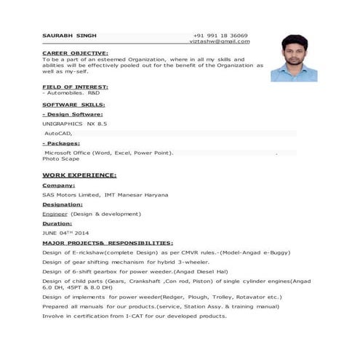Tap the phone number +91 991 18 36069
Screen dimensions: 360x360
tap(220, 35)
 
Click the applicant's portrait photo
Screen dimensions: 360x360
tap(293, 57)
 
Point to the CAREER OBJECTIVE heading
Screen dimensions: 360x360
tap(75, 53)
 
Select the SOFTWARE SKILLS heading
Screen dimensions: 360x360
tap(73, 105)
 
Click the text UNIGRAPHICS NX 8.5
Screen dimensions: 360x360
tap(74, 124)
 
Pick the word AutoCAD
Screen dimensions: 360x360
tap(58, 135)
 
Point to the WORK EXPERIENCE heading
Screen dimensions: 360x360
tap(79, 175)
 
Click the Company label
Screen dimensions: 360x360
tap(59, 185)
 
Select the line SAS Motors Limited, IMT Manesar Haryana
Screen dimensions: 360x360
tap(105, 195)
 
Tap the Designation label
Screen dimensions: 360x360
tap(63, 205)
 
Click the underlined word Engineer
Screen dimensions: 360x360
tap(55, 215)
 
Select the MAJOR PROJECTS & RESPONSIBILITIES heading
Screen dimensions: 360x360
tap(108, 242)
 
